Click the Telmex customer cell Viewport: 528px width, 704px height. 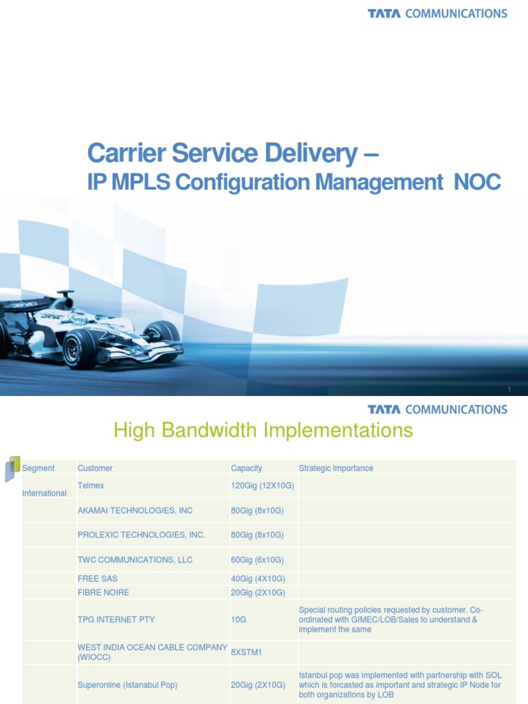(x=92, y=485)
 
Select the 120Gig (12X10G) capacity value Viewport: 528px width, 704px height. (x=262, y=485)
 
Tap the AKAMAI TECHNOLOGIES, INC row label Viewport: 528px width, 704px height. (x=135, y=511)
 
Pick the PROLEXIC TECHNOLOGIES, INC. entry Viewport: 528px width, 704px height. (x=141, y=535)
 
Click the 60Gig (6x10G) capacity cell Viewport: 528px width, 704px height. (x=257, y=560)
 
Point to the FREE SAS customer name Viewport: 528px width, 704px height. (x=98, y=579)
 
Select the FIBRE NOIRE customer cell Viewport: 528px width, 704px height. (x=103, y=593)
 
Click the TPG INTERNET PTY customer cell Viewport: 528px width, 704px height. (x=116, y=619)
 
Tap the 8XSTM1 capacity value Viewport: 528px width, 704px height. (x=247, y=652)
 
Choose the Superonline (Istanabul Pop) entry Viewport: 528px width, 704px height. (x=127, y=685)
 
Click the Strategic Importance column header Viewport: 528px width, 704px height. (x=335, y=468)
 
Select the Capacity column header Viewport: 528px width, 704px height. (x=246, y=468)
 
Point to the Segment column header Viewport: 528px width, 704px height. (x=38, y=468)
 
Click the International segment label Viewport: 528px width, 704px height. (x=45, y=493)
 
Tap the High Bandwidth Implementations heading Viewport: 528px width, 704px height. (x=263, y=431)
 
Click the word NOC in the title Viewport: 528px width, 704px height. (x=477, y=182)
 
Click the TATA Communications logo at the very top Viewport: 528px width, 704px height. (x=437, y=13)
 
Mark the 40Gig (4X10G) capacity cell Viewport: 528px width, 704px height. (x=258, y=579)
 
